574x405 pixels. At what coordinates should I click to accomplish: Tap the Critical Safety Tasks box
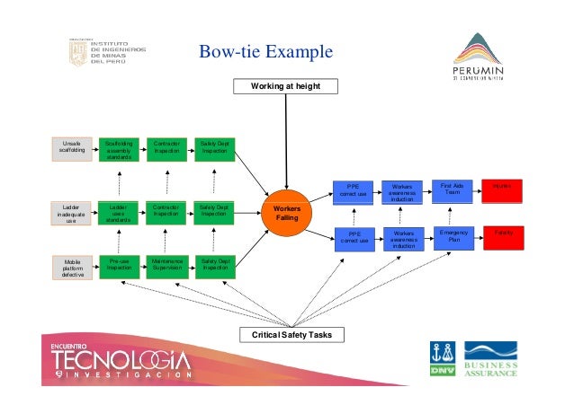(x=287, y=335)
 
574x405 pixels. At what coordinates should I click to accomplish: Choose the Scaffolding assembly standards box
(x=119, y=148)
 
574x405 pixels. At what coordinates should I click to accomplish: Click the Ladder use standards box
(x=119, y=214)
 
